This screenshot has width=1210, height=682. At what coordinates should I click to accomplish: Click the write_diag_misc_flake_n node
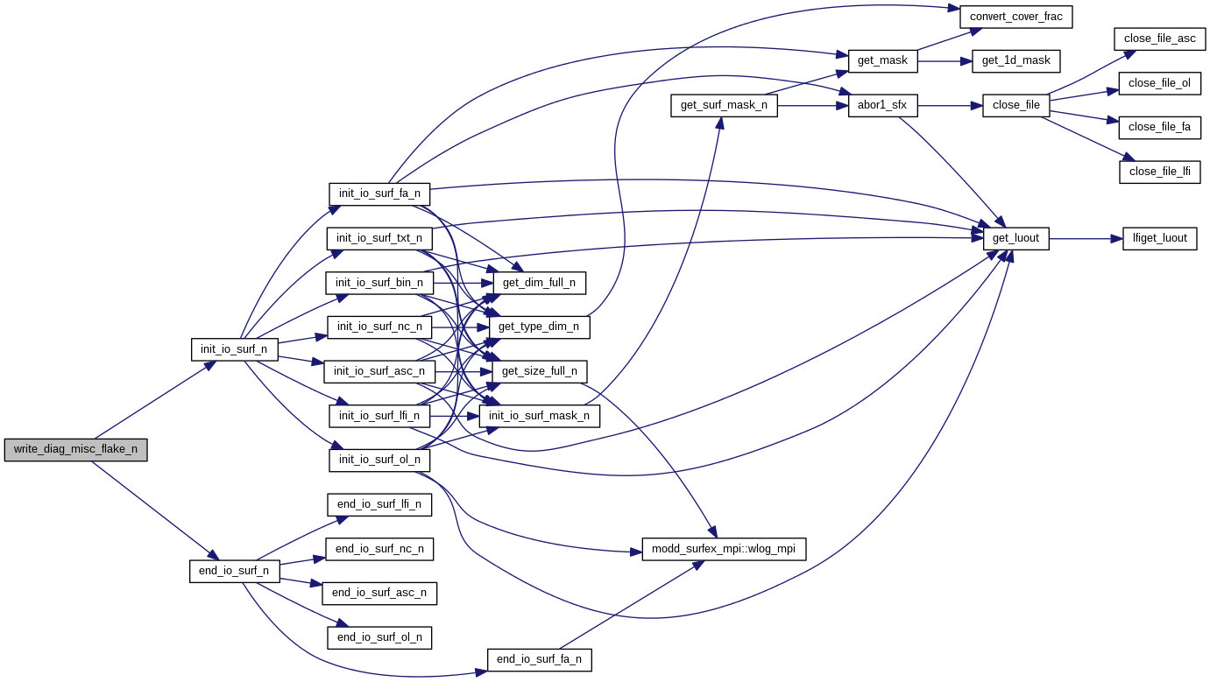pyautogui.click(x=75, y=449)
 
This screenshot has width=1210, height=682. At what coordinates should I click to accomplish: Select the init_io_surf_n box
pyautogui.click(x=234, y=349)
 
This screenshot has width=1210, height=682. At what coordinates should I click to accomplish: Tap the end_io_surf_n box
pyautogui.click(x=234, y=572)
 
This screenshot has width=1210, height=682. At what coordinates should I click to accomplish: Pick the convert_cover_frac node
pyautogui.click(x=1016, y=16)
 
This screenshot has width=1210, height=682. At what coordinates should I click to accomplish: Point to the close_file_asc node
pyautogui.click(x=1161, y=39)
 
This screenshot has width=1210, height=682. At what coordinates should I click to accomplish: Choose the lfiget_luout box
pyautogui.click(x=1159, y=238)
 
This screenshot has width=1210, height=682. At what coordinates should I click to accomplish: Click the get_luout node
pyautogui.click(x=1015, y=238)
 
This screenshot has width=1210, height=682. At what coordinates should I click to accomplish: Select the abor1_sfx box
pyautogui.click(x=882, y=105)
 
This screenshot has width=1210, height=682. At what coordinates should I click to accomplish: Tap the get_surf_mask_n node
pyautogui.click(x=724, y=105)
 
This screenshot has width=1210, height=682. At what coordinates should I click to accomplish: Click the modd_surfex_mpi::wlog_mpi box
pyautogui.click(x=724, y=549)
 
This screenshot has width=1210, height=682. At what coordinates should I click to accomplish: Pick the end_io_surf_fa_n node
pyautogui.click(x=539, y=659)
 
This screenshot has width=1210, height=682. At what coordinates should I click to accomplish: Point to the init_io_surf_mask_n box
pyautogui.click(x=539, y=416)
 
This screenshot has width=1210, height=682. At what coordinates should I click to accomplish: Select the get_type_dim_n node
pyautogui.click(x=539, y=327)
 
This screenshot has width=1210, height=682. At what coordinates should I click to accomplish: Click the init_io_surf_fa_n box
pyautogui.click(x=379, y=193)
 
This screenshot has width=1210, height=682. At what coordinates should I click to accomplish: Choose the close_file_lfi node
pyautogui.click(x=1159, y=171)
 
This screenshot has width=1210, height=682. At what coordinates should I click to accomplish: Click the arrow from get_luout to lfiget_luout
pyautogui.click(x=1086, y=238)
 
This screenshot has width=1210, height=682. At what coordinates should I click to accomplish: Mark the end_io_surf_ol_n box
pyautogui.click(x=379, y=637)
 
